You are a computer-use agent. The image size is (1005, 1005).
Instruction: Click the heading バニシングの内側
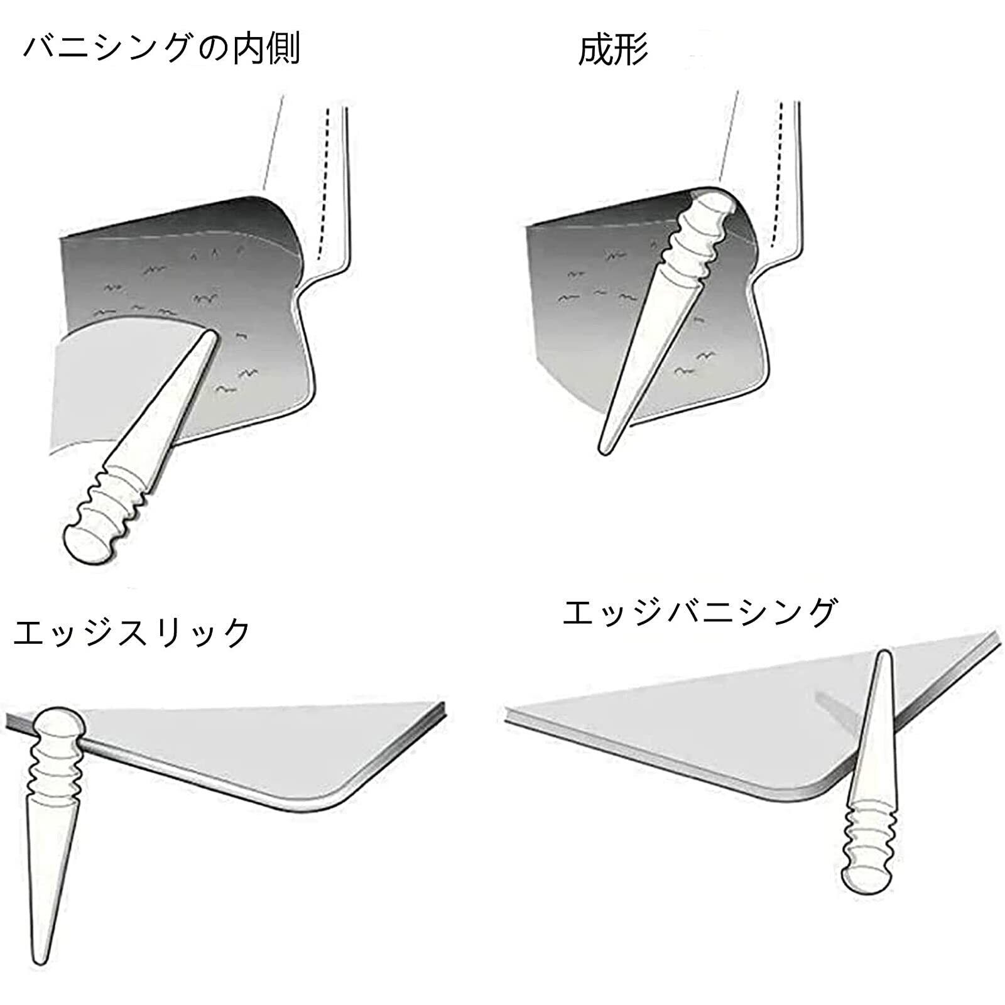(161, 49)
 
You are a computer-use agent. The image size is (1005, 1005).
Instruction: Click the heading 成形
(612, 50)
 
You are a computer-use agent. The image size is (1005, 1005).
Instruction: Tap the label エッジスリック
(132, 633)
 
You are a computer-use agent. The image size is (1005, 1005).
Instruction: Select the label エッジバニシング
(700, 612)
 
